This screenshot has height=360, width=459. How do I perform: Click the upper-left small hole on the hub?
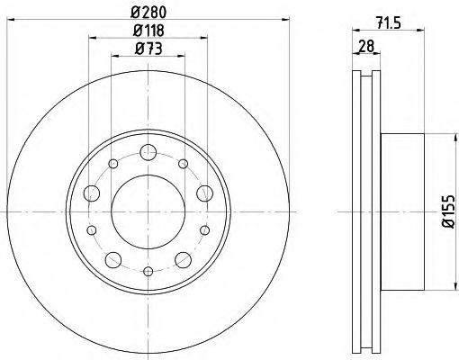click(x=114, y=165)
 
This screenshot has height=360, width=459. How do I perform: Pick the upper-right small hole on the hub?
click(x=183, y=165)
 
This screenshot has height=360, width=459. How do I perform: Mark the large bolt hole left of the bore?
click(x=94, y=193)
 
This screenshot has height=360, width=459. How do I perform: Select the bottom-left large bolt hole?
click(x=113, y=261)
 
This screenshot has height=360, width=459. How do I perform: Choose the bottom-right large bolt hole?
click(x=184, y=261)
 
